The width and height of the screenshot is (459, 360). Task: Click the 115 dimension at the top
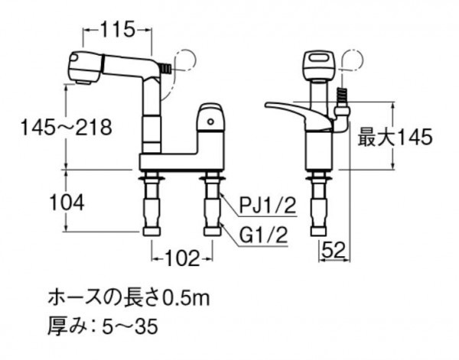click(x=118, y=29)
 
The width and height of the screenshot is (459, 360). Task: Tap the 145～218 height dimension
click(x=67, y=127)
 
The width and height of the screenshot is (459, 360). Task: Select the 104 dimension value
click(x=67, y=203)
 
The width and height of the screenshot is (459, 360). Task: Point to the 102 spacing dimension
click(x=182, y=258)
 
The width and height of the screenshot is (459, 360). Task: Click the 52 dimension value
click(x=334, y=251)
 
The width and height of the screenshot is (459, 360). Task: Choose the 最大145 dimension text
click(x=395, y=137)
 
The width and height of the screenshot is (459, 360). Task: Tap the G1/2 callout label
click(x=262, y=235)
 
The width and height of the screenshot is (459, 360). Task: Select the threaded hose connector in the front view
click(x=166, y=70)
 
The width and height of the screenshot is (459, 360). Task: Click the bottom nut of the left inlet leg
click(x=151, y=231)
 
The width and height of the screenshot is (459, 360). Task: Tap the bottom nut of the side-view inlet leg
click(x=318, y=231)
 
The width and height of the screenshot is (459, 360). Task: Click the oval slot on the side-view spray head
click(x=319, y=57)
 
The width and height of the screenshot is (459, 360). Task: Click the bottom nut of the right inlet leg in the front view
click(x=212, y=231)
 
